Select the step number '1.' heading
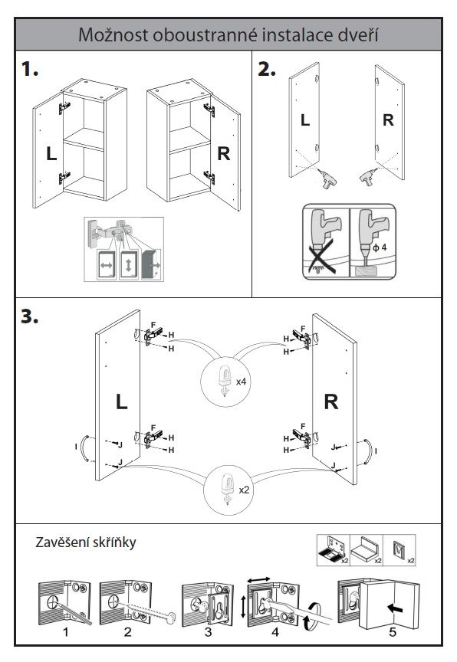[30, 69]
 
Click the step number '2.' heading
[267, 69]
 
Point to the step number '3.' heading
[30, 316]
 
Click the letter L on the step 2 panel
[305, 120]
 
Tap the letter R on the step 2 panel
[388, 120]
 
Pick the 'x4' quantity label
[242, 382]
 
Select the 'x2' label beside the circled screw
[244, 490]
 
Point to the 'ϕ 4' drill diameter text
[380, 247]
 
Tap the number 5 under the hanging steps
[393, 632]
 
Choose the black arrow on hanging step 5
[396, 608]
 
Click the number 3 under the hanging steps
[209, 632]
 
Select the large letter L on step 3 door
[122, 401]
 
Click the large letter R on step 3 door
[331, 401]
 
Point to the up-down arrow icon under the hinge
[129, 265]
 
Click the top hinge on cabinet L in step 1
[64, 108]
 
